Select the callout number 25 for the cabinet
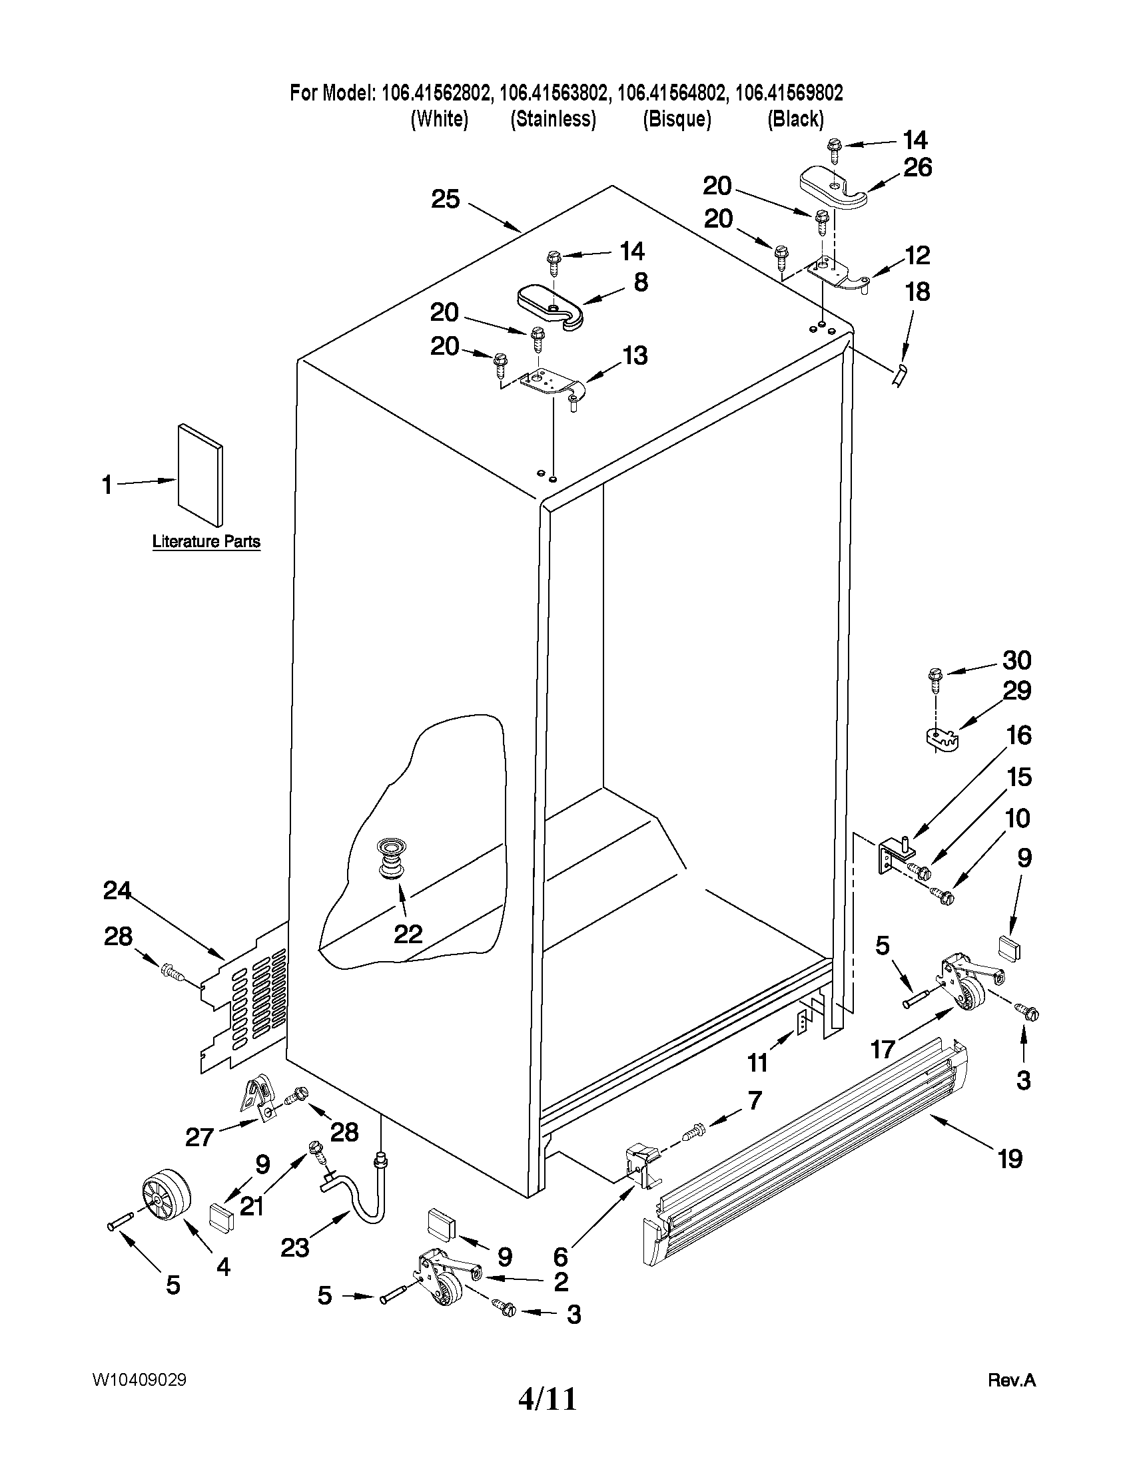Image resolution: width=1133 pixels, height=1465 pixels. point(445,199)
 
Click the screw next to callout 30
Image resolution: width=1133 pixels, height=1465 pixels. point(935,678)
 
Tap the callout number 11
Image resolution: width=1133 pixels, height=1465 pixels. point(757,1062)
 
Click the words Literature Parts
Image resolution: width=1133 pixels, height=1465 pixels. point(206,541)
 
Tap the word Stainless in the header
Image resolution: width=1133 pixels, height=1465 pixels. point(553,119)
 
